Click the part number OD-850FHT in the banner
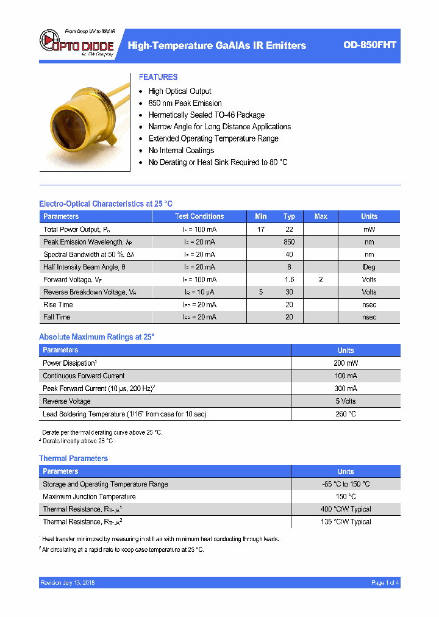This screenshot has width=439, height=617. [x=369, y=45]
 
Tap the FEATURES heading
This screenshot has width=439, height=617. [x=158, y=77]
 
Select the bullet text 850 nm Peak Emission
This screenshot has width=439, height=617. [x=185, y=103]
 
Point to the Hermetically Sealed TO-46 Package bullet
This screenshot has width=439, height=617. [x=206, y=115]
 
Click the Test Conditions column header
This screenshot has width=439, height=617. [x=199, y=216]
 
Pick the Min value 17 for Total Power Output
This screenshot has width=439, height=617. [x=261, y=229]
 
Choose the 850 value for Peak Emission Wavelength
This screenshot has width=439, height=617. [x=289, y=242]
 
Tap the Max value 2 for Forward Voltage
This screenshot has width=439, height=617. [x=321, y=279]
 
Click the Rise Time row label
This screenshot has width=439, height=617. [x=58, y=304]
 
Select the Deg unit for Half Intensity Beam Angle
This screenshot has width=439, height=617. [x=369, y=267]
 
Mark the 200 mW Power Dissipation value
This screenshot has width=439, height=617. [x=346, y=363]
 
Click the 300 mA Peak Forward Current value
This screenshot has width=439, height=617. [x=346, y=388]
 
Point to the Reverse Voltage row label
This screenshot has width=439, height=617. [x=66, y=401]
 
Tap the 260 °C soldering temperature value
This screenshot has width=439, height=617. [x=346, y=414]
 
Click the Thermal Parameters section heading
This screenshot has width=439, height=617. [x=73, y=458]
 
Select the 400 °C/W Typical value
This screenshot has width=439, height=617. [x=346, y=509]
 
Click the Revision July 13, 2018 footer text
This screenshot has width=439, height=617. [x=68, y=583]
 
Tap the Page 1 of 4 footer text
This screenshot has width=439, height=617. [x=385, y=583]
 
